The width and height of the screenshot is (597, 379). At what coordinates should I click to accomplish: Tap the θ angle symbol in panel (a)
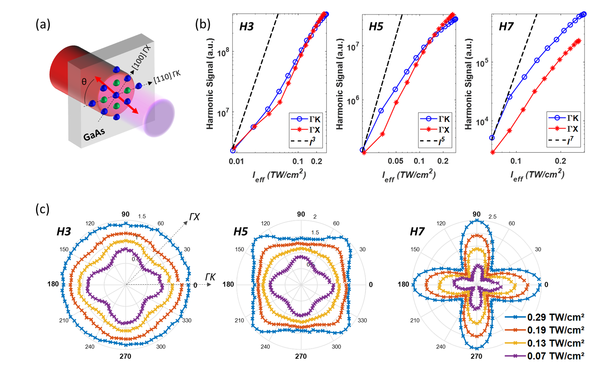(84, 82)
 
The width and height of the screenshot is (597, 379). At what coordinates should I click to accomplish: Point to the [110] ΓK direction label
(167, 76)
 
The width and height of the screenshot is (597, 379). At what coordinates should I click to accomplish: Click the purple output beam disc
(160, 117)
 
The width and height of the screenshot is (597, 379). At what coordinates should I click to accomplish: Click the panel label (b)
(203, 24)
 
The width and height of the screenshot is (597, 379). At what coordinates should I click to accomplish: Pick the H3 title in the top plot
(246, 26)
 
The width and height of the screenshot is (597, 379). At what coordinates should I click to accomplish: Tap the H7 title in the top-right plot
(506, 26)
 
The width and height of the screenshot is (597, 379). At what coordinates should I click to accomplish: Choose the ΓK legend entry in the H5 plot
(435, 119)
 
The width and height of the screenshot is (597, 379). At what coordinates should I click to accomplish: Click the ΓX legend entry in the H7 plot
(564, 129)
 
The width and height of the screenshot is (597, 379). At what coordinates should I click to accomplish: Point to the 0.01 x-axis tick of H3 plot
(236, 161)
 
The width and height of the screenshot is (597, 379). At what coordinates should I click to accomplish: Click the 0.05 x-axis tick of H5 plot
(395, 161)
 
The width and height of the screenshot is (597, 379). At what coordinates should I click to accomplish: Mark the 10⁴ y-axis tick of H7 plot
(482, 121)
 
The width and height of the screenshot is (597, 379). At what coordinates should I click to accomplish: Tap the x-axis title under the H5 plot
(409, 175)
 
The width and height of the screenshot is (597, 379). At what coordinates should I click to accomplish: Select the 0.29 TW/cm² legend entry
(544, 317)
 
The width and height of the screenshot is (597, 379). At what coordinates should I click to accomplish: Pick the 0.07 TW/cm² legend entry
(544, 356)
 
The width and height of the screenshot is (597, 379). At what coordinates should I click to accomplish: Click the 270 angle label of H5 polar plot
(301, 356)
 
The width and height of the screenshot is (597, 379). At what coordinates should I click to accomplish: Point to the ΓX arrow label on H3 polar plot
(194, 217)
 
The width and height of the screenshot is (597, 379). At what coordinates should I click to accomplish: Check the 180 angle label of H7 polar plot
(403, 284)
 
